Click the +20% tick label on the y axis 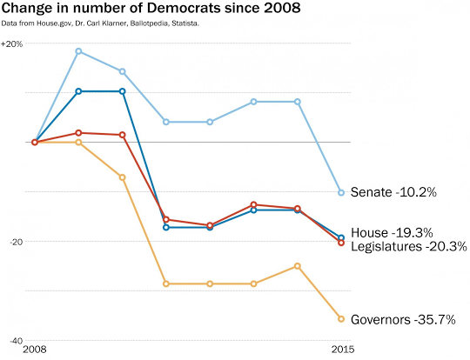coord(13,43)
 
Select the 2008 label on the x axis coord(35,350)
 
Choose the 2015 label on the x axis coord(340,350)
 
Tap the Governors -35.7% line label coord(403,319)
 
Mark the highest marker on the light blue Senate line coord(78,51)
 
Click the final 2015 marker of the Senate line coord(340,192)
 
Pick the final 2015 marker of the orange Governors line coord(340,319)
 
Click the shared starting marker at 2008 coord(35,142)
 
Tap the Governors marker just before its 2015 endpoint coord(297,266)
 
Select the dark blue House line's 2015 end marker coord(340,237)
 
